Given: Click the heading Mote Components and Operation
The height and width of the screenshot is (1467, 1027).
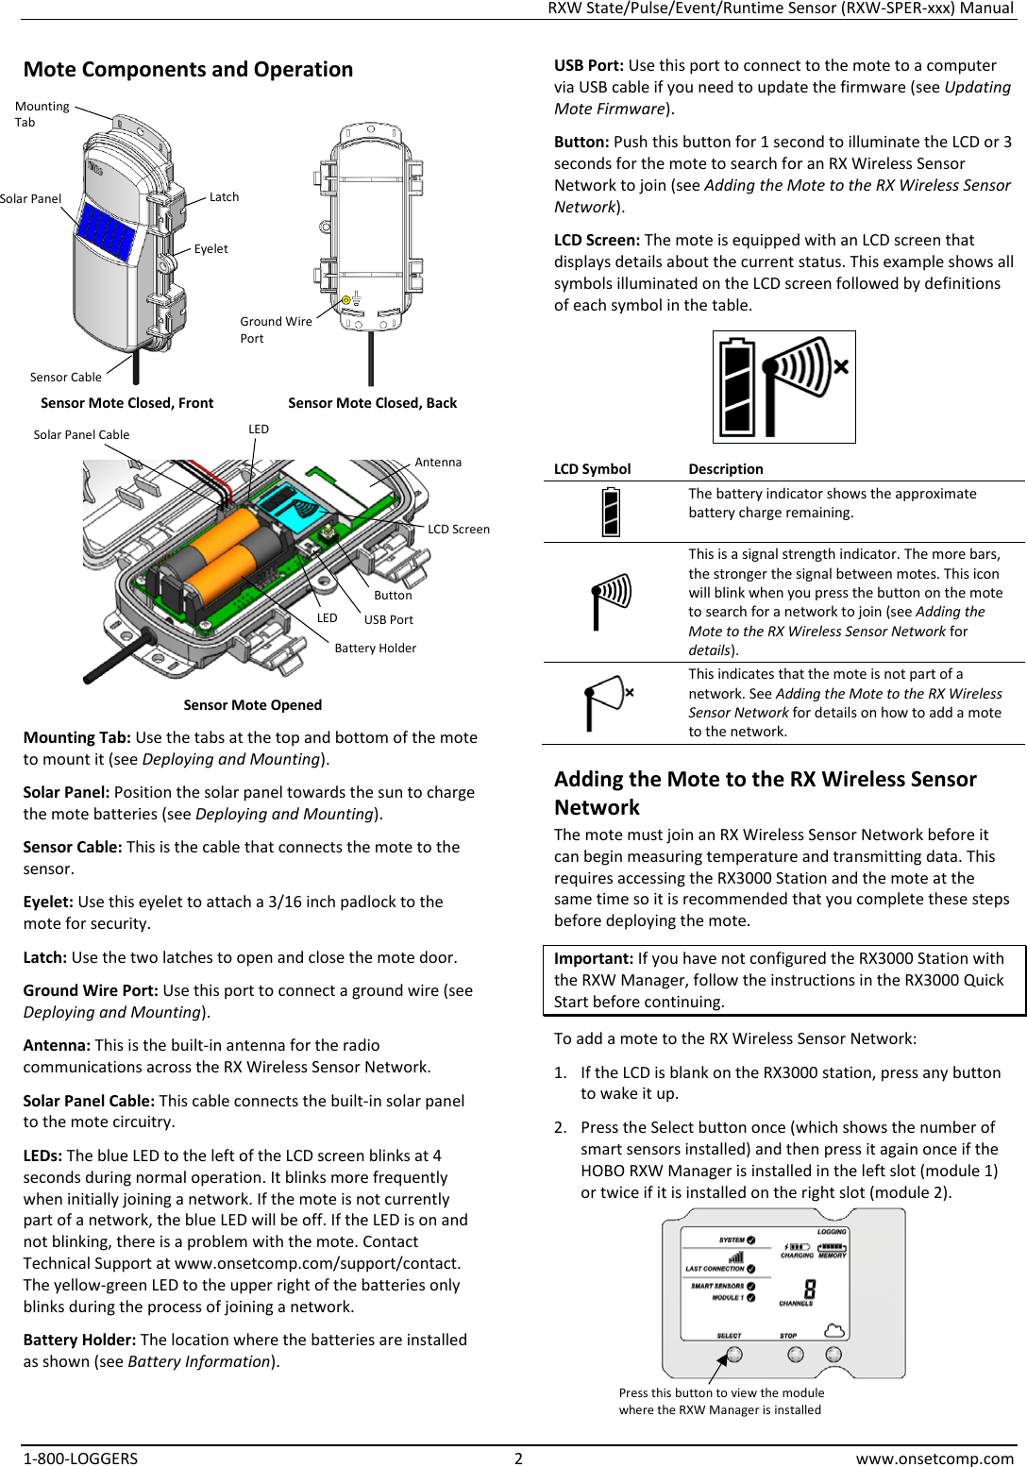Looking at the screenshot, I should pos(188,70).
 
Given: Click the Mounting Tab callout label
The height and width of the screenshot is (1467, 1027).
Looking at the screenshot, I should pos(42,114).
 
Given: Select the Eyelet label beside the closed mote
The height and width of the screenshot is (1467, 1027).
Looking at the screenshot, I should pos(210,249).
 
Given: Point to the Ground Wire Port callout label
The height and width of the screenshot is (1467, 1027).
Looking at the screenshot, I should pos(275,329).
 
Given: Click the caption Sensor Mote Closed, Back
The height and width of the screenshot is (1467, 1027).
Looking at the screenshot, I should pos(372,403).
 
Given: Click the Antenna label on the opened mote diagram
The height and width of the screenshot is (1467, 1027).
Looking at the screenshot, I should pos(438,463).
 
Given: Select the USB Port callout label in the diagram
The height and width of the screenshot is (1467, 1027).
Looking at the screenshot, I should pos(389,620).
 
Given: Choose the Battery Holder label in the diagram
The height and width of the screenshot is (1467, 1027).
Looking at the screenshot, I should pos(375,649).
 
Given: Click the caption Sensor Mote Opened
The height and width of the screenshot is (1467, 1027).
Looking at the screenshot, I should pos(252,705).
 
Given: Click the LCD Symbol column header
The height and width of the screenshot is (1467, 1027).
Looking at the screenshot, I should pos(592,469).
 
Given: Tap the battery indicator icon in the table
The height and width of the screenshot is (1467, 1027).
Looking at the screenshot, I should pos(611,512).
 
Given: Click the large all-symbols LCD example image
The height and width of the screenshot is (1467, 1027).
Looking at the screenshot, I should pos(783,387).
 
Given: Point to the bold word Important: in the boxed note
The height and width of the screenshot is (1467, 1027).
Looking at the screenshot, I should pos(593,958).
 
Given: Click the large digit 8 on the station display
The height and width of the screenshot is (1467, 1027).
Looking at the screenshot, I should pos(809,1290).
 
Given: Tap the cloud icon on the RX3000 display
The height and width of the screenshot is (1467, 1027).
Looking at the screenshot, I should pos(834,1330).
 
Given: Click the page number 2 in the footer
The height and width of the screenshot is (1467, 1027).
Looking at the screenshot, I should pos(518,1459).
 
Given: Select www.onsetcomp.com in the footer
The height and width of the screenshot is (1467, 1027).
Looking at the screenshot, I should pos(934,1459).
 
